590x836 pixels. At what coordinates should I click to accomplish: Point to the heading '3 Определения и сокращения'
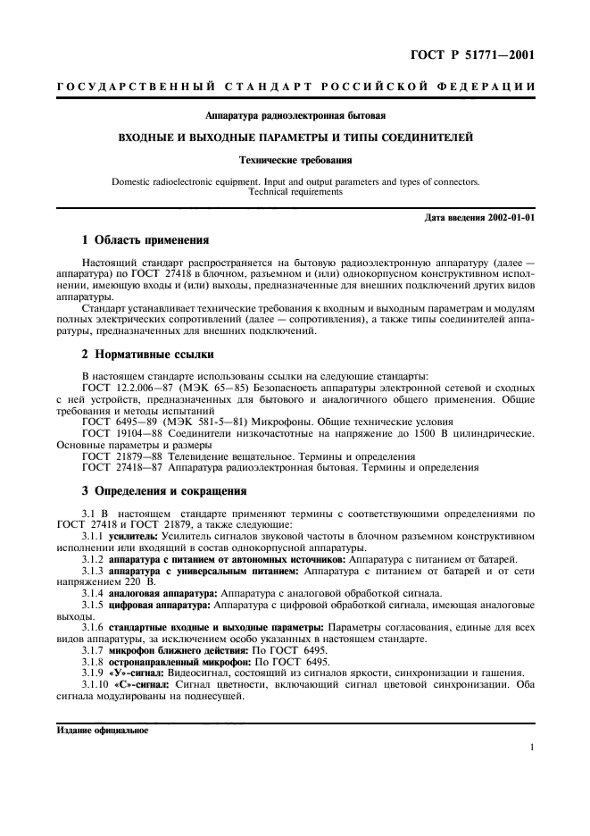pyautogui.click(x=163, y=490)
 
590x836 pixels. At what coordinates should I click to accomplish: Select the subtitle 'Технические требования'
pyautogui.click(x=295, y=161)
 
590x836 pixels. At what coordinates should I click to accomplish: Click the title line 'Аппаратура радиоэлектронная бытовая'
pyautogui.click(x=295, y=115)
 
